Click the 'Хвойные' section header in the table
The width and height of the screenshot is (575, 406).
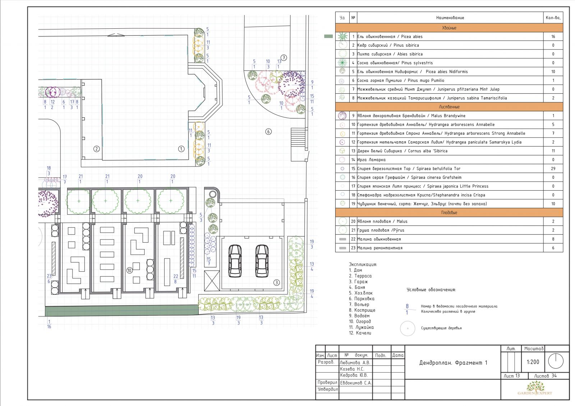coord(449,28)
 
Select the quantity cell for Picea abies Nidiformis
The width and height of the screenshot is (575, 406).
coord(553,71)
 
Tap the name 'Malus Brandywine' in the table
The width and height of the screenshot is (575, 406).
coord(448,116)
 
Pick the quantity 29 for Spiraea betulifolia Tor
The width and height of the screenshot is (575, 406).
coord(553,168)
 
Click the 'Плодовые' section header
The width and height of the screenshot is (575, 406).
coord(449,213)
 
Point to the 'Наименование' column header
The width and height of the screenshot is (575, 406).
coord(450,18)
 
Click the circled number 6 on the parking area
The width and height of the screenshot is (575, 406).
coord(268,132)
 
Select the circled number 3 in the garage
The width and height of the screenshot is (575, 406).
coord(276,283)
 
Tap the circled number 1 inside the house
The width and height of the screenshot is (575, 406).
coord(181,149)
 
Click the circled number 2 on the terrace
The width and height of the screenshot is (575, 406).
coord(97,149)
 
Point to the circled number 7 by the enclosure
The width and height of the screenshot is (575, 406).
coord(284,58)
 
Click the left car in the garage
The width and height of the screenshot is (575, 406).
coord(235,261)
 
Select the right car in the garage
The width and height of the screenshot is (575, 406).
coord(262,261)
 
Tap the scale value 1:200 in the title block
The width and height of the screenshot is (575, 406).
coord(533,362)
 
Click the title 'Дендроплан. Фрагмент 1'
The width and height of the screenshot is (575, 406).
coord(453,363)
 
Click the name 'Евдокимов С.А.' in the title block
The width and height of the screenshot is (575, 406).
coord(355,383)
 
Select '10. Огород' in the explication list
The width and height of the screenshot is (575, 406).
coord(360,321)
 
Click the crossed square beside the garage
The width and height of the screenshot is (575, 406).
coord(212,281)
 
